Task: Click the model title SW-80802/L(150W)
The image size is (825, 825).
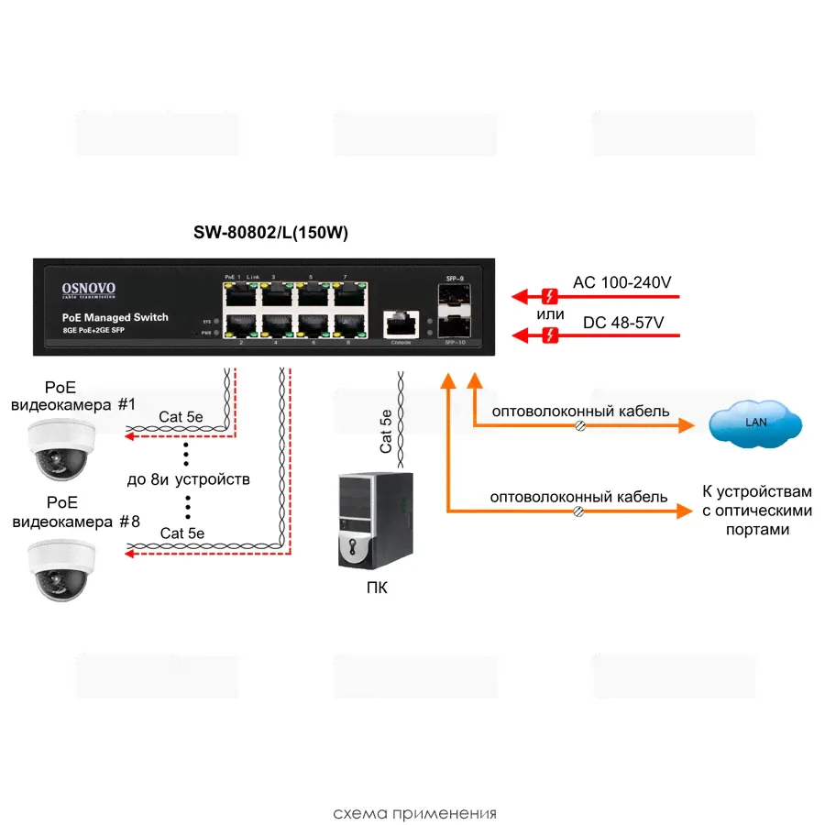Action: pyautogui.click(x=270, y=234)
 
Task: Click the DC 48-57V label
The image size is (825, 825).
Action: pyautogui.click(x=622, y=324)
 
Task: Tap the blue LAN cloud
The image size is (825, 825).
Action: pyautogui.click(x=755, y=423)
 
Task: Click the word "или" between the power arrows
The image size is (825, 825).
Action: pyautogui.click(x=551, y=315)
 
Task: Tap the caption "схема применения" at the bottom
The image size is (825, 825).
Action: pyautogui.click(x=414, y=813)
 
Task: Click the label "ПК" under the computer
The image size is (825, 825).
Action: pyautogui.click(x=376, y=588)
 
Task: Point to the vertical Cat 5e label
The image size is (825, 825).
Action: pyautogui.click(x=386, y=431)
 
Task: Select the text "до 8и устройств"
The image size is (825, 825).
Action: pyautogui.click(x=188, y=479)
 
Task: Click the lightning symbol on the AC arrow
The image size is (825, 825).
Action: pyautogui.click(x=550, y=296)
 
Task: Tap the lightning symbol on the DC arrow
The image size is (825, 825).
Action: pyautogui.click(x=550, y=336)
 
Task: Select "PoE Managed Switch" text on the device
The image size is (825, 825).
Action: pyautogui.click(x=115, y=317)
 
